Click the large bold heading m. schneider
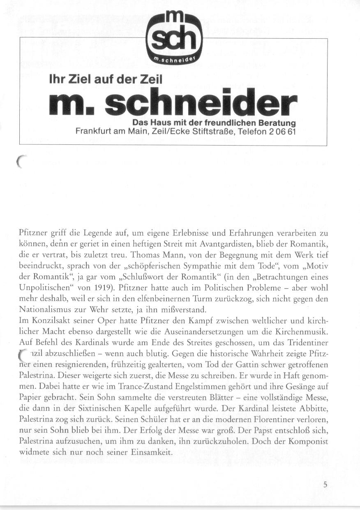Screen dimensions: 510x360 click(173, 103)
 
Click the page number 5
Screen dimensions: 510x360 click(325, 485)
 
